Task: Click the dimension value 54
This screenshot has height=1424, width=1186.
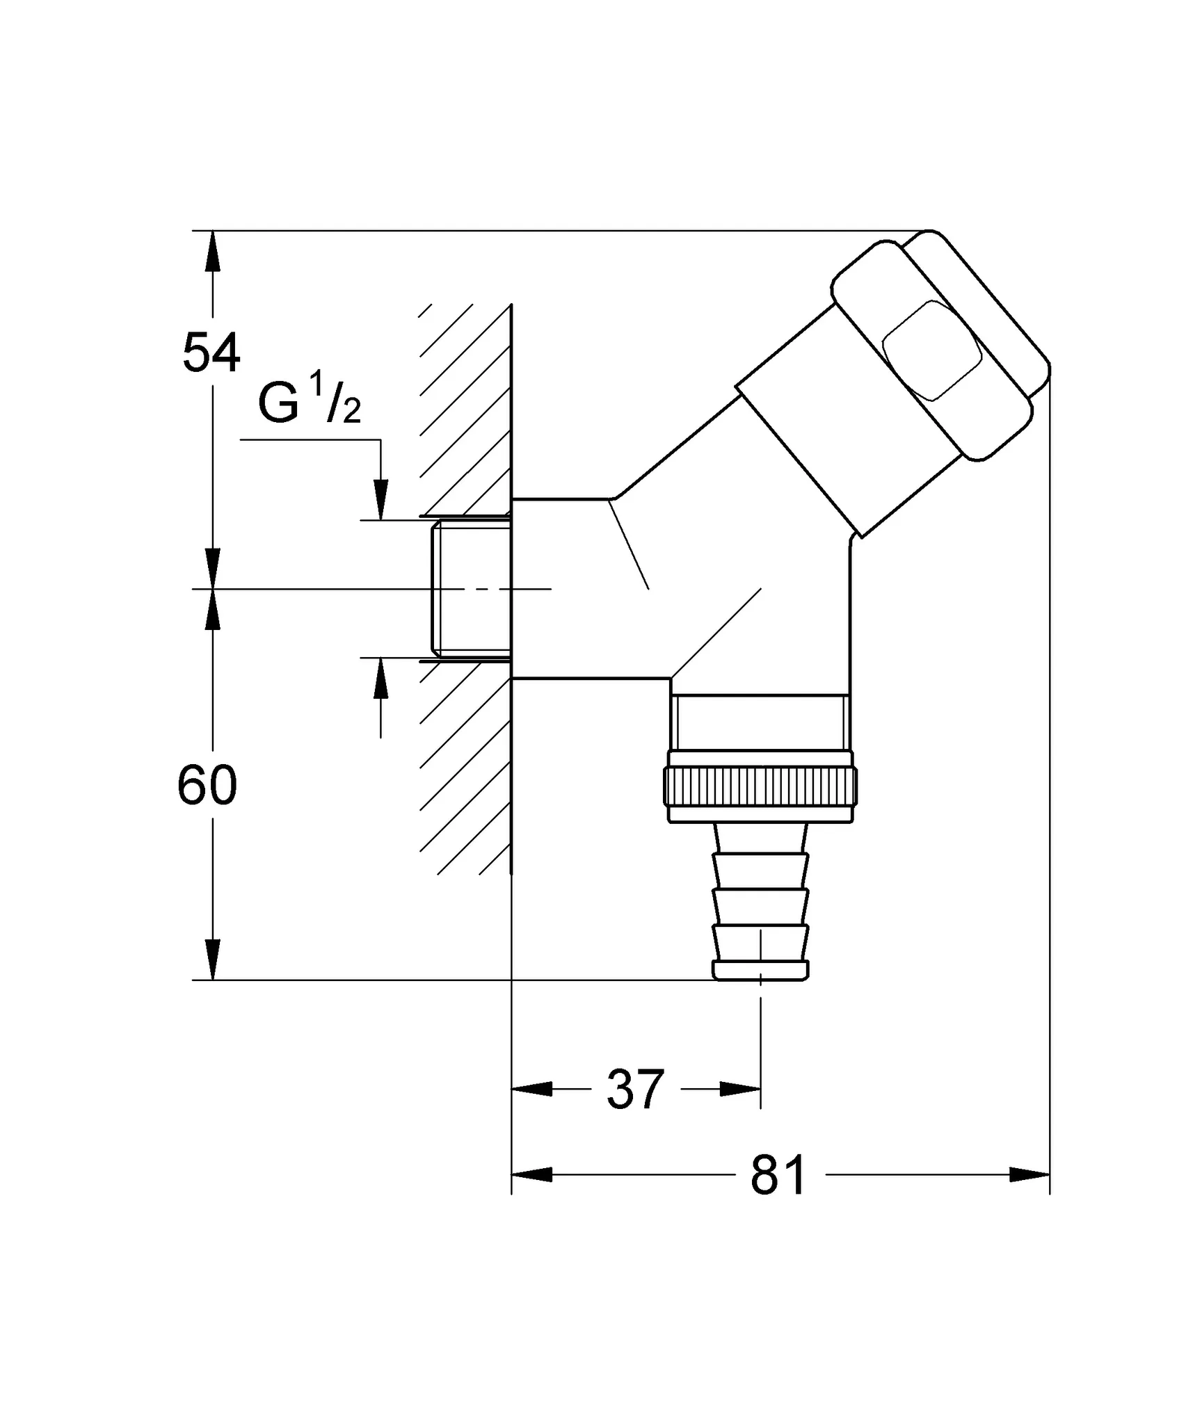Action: [x=211, y=353]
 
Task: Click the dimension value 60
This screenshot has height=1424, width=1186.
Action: [x=207, y=786]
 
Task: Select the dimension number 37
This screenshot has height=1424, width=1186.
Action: [x=635, y=1090]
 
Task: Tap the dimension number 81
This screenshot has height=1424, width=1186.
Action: [x=778, y=1175]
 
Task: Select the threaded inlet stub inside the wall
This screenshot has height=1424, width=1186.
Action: [x=472, y=588]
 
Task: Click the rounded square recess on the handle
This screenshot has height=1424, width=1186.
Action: [x=931, y=351]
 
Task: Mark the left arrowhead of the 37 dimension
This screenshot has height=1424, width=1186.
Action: [x=531, y=1090]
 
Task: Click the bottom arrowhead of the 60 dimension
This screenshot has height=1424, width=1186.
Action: [x=213, y=960]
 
